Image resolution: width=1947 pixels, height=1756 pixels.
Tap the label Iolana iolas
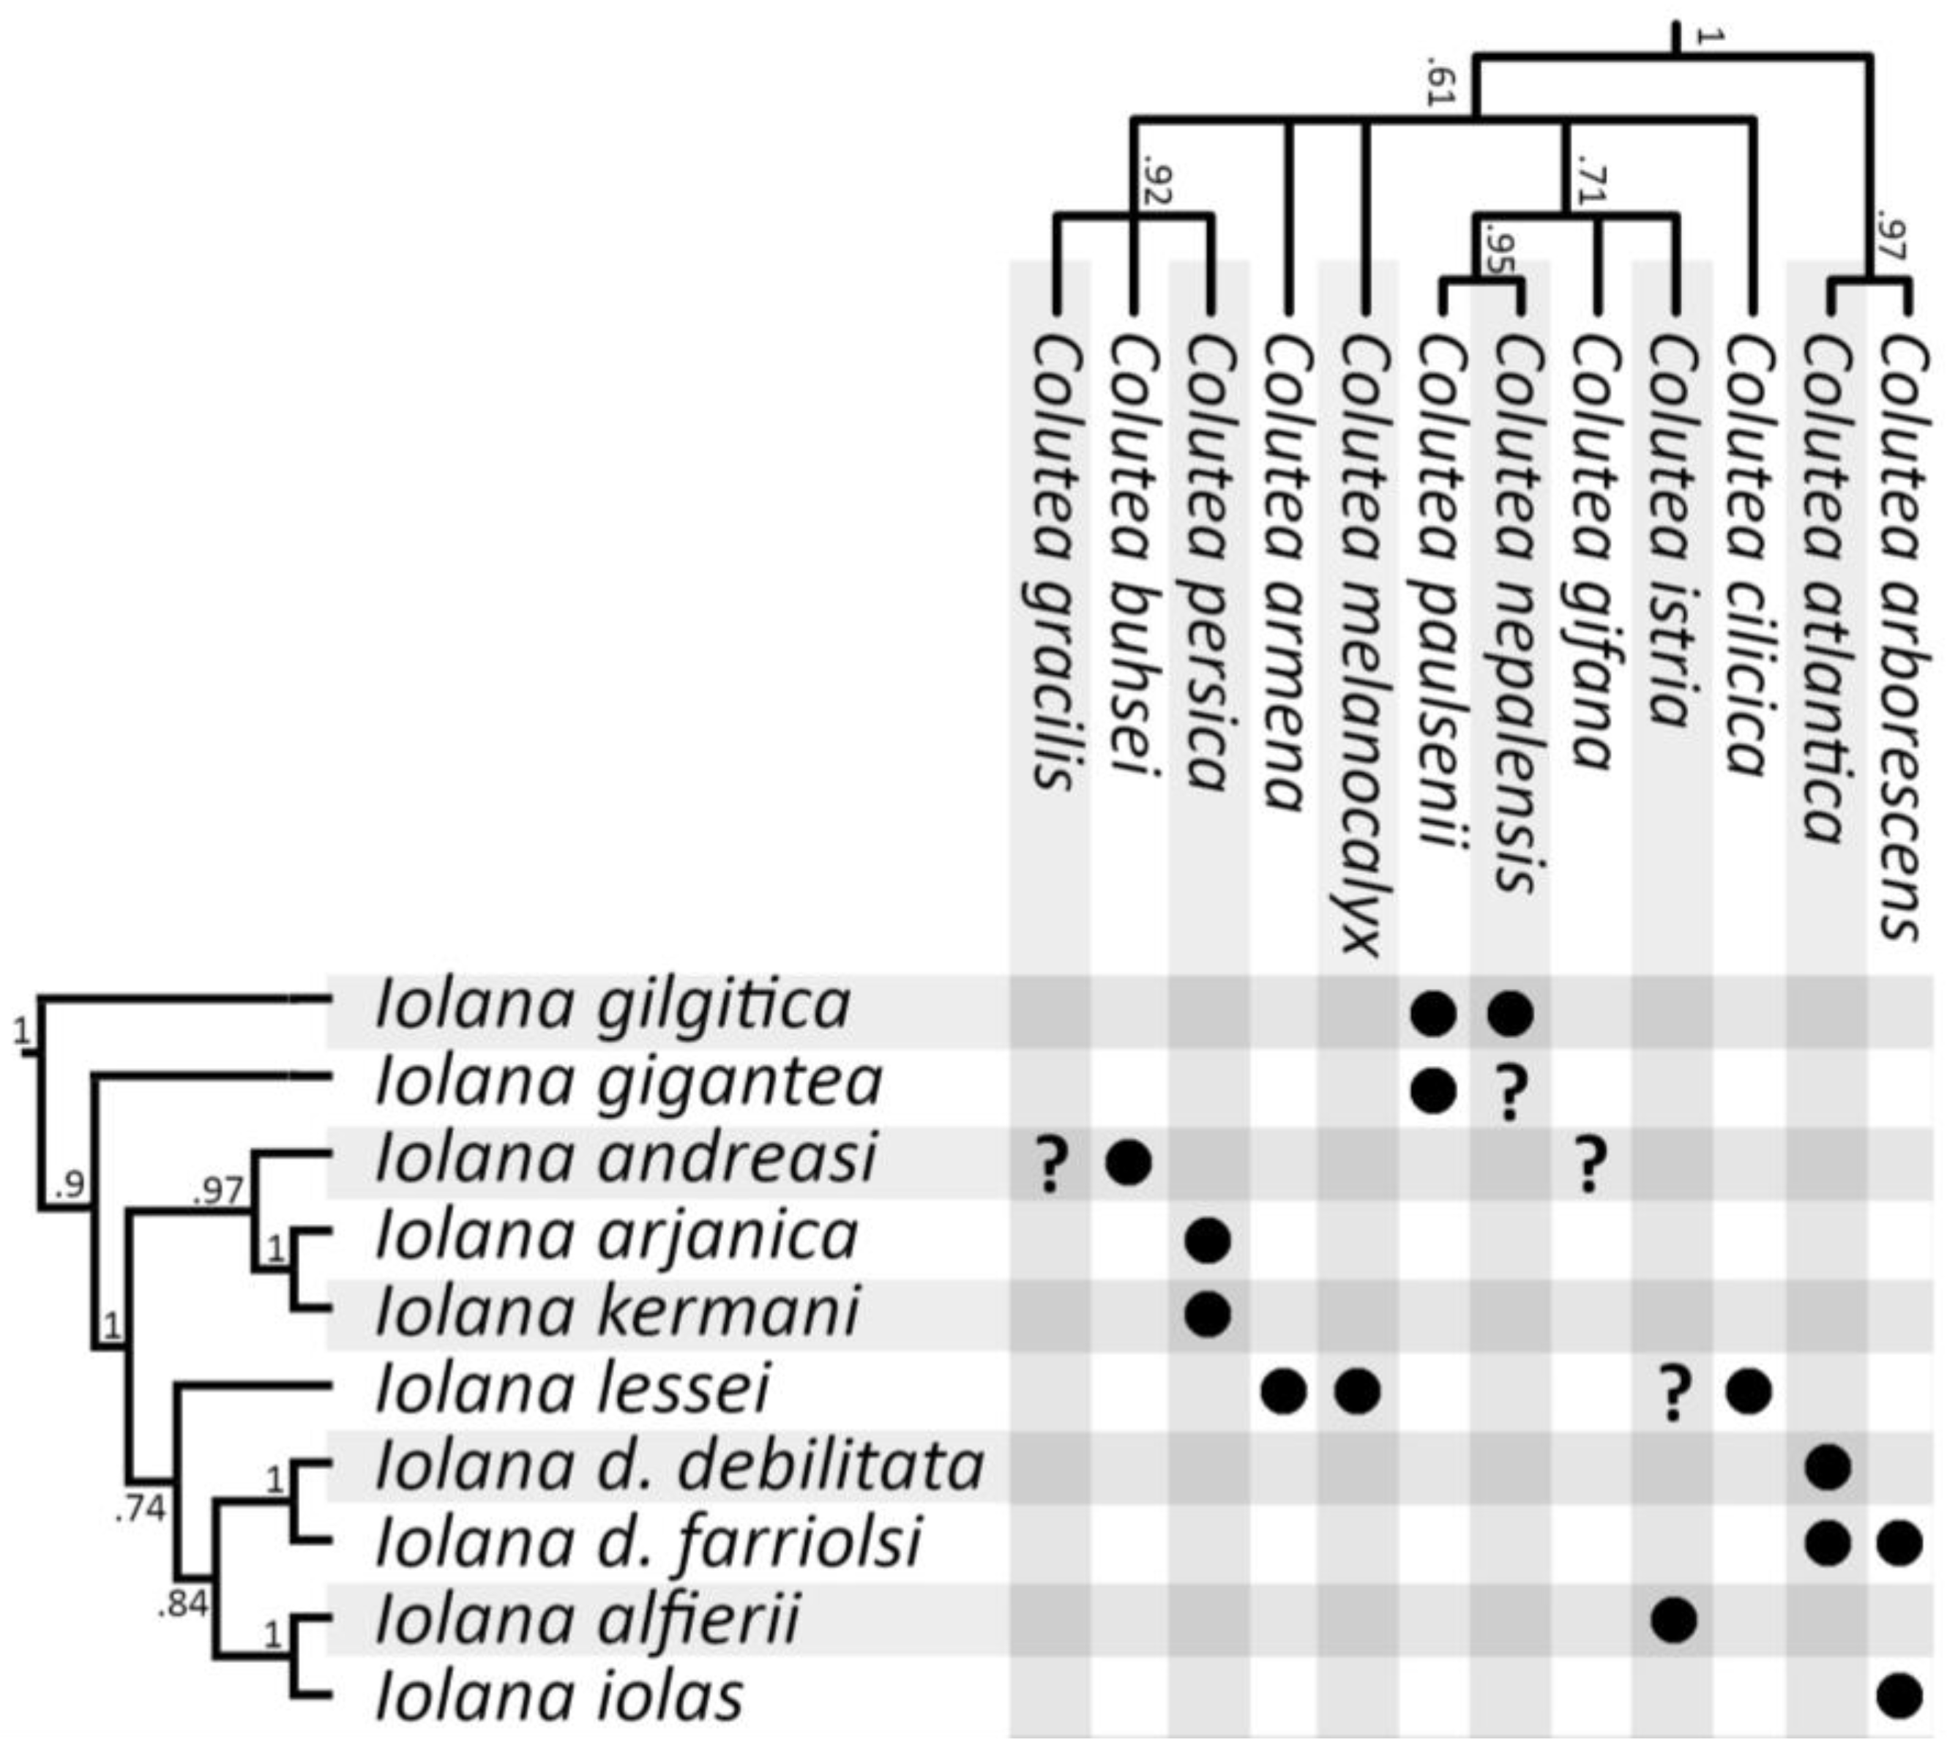coord(560,1697)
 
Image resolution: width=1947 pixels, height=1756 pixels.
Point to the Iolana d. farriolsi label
coord(649,1544)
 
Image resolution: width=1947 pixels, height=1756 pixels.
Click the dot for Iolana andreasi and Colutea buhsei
coord(1129,1162)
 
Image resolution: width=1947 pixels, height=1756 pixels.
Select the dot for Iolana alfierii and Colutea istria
coord(1673,1620)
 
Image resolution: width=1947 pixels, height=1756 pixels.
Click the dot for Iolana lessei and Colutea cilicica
coord(1748,1392)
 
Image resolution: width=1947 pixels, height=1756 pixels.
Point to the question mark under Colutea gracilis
coord(1052,1165)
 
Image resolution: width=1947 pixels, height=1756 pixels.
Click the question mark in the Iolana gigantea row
coord(1511,1090)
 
